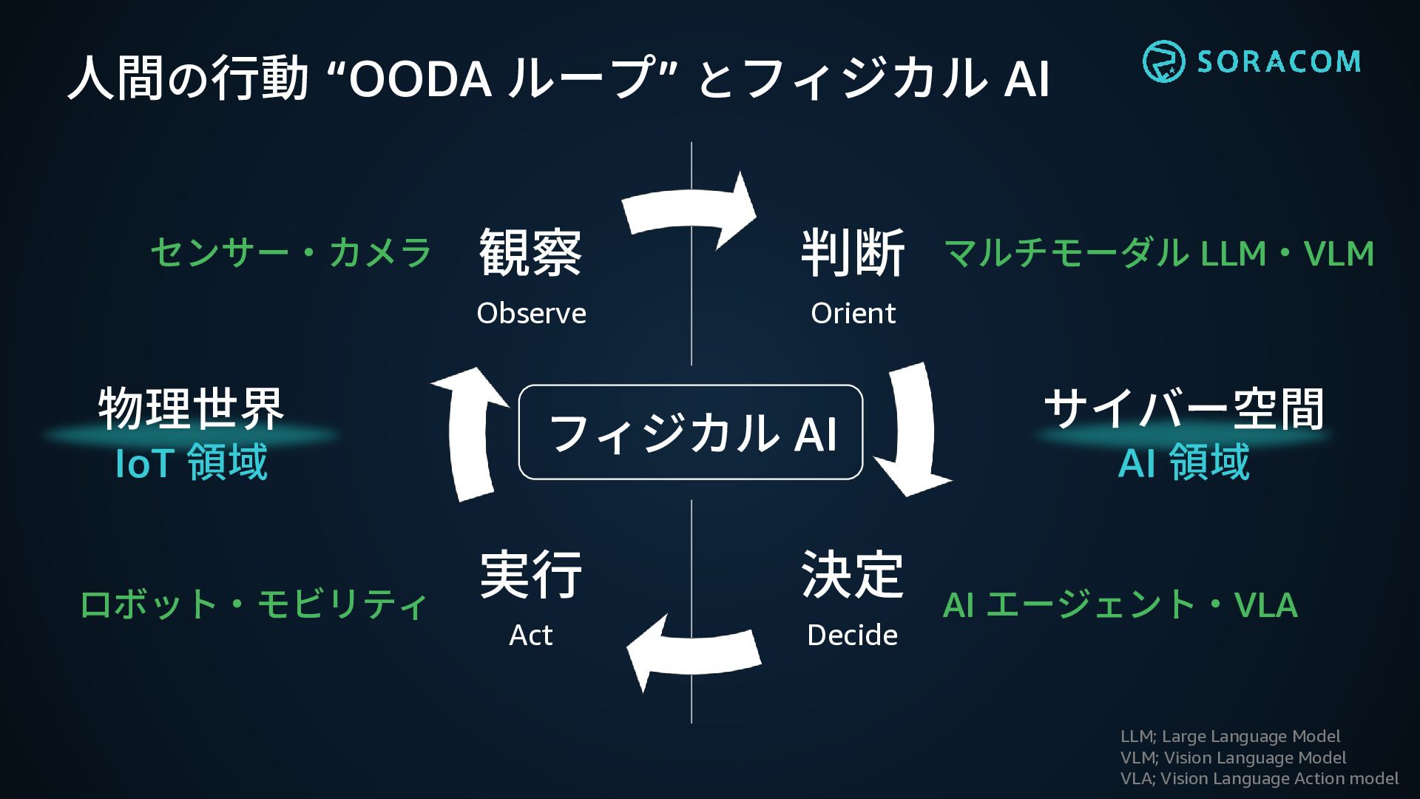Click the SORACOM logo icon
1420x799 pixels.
[x=1163, y=61]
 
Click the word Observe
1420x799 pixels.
[x=531, y=314]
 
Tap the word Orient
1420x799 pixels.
[x=853, y=314]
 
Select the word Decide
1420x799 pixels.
[x=852, y=636]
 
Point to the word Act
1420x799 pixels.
[x=530, y=636]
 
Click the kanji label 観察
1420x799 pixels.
[x=530, y=253]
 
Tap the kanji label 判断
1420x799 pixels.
[x=853, y=253]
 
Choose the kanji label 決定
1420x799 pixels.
[x=852, y=574]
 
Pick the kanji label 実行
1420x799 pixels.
[x=530, y=574]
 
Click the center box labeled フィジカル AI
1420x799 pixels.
[x=691, y=433]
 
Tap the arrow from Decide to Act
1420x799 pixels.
[x=692, y=651]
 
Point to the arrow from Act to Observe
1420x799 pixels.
[x=470, y=433]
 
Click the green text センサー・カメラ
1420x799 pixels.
[x=291, y=253]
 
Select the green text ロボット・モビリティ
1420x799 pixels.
[x=254, y=604]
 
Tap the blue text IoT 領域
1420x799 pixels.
[x=192, y=462]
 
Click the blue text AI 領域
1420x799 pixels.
[x=1183, y=462]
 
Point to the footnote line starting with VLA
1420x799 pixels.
[x=1259, y=778]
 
